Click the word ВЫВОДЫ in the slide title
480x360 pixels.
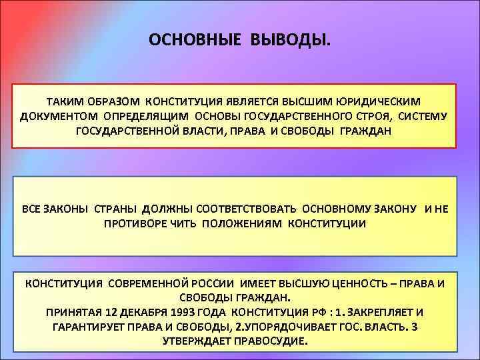[x=290, y=41]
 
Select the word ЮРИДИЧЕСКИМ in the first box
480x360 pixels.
[x=381, y=102]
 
